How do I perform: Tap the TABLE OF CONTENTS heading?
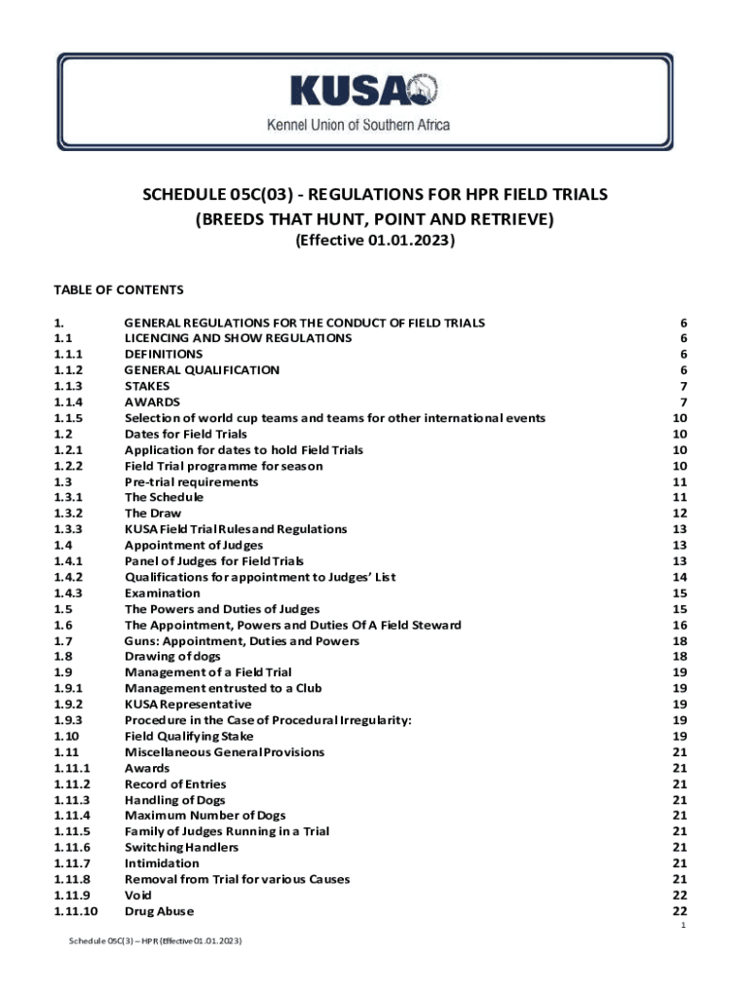pyautogui.click(x=118, y=289)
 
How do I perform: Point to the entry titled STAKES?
pyautogui.click(x=146, y=386)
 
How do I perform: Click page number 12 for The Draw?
pyautogui.click(x=680, y=514)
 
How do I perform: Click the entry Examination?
pyautogui.click(x=162, y=594)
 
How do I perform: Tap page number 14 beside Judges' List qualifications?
pyautogui.click(x=680, y=577)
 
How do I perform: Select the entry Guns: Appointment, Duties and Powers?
pyautogui.click(x=242, y=641)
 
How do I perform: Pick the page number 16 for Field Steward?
pyautogui.click(x=680, y=625)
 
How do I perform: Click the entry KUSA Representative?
pyautogui.click(x=188, y=705)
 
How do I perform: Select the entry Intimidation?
pyautogui.click(x=164, y=864)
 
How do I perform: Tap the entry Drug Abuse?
pyautogui.click(x=159, y=911)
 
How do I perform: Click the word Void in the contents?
pyautogui.click(x=138, y=896)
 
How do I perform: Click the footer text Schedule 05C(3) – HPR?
pyautogui.click(x=155, y=942)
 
